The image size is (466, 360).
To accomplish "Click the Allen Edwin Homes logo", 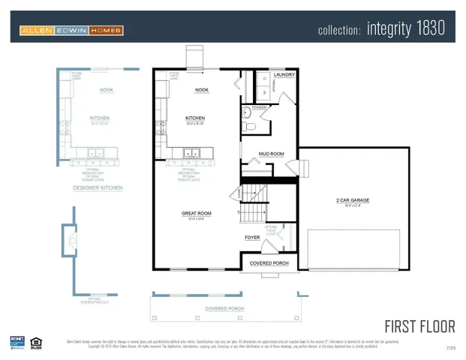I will tap(71, 30).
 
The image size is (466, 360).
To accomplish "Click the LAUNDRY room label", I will tap(283, 75).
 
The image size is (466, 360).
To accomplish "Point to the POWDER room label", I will tap(260, 107).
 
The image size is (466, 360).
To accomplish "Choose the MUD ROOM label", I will tap(271, 154).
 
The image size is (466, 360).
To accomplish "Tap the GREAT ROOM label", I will tap(196, 213).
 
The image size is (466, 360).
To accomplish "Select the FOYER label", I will tap(252, 238).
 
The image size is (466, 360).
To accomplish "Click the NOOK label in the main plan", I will tap(201, 90).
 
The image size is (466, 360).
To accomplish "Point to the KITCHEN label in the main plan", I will tap(195, 118).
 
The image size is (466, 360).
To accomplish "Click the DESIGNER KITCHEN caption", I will tap(98, 187).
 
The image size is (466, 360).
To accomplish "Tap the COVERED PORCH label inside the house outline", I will tap(269, 262).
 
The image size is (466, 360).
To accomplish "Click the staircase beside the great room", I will tap(253, 202).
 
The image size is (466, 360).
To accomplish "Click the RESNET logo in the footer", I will tap(16, 341).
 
